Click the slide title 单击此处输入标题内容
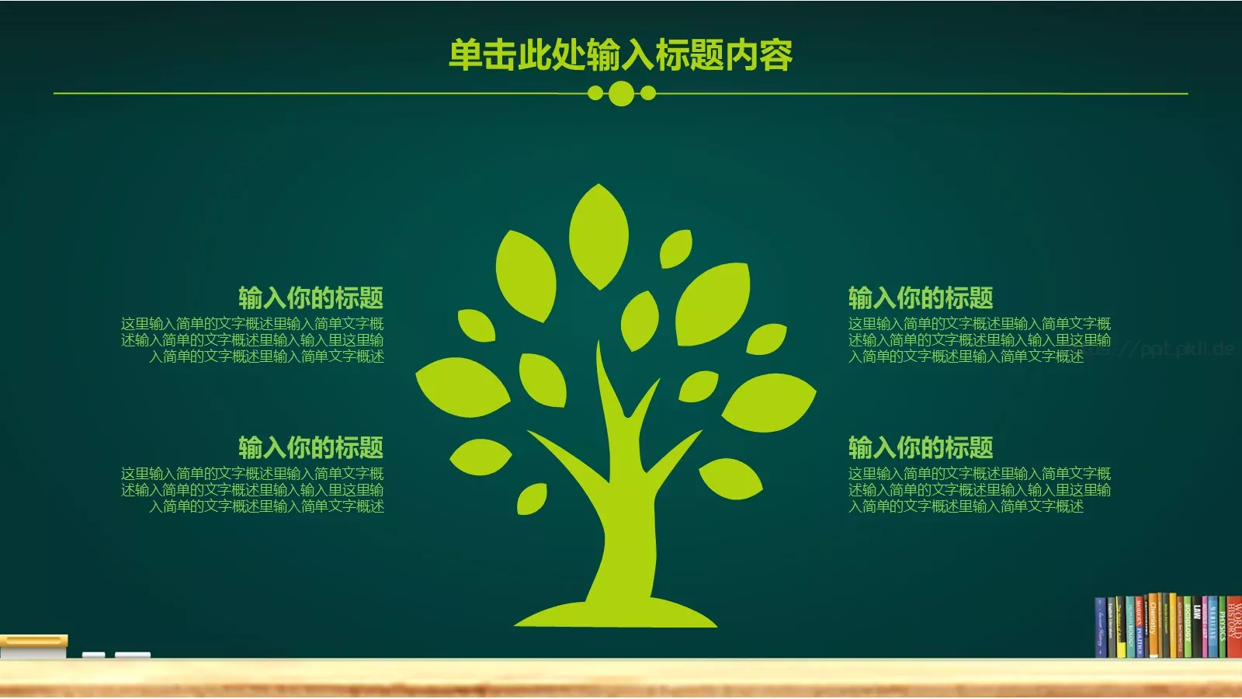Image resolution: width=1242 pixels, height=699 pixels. click(x=620, y=55)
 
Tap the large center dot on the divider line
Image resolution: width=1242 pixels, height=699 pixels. click(x=620, y=93)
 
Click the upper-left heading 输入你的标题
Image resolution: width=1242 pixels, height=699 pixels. click(x=310, y=297)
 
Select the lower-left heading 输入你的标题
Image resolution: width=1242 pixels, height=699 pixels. click(x=310, y=447)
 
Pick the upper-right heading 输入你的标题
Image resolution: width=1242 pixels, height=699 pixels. click(x=921, y=297)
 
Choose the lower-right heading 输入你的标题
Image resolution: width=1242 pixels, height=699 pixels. click(x=921, y=447)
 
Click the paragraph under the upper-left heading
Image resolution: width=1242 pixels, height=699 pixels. click(x=252, y=340)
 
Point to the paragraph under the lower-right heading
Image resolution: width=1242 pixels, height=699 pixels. click(x=979, y=490)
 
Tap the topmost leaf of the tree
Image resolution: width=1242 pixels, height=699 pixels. click(x=598, y=235)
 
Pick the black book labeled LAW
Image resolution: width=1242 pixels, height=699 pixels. click(x=1198, y=629)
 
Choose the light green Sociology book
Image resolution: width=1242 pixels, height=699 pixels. click(x=1188, y=629)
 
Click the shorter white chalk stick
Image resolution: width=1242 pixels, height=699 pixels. click(x=94, y=656)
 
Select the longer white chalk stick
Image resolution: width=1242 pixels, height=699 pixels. click(x=133, y=656)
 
